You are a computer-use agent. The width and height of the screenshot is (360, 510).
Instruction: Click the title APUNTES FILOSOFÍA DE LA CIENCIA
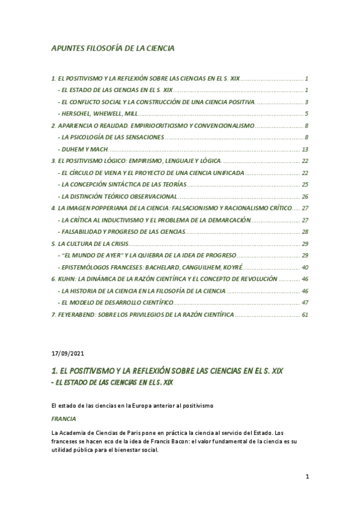[x=112, y=49]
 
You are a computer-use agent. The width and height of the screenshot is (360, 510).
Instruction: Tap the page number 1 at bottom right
[x=307, y=478]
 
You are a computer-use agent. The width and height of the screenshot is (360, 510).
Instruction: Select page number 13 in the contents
[x=305, y=149]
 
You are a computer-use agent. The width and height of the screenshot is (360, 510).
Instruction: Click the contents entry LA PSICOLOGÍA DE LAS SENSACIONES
[x=111, y=137]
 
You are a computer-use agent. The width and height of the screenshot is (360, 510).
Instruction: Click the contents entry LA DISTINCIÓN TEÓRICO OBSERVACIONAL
[x=119, y=196]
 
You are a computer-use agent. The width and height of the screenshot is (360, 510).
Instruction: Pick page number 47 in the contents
[x=304, y=302]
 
